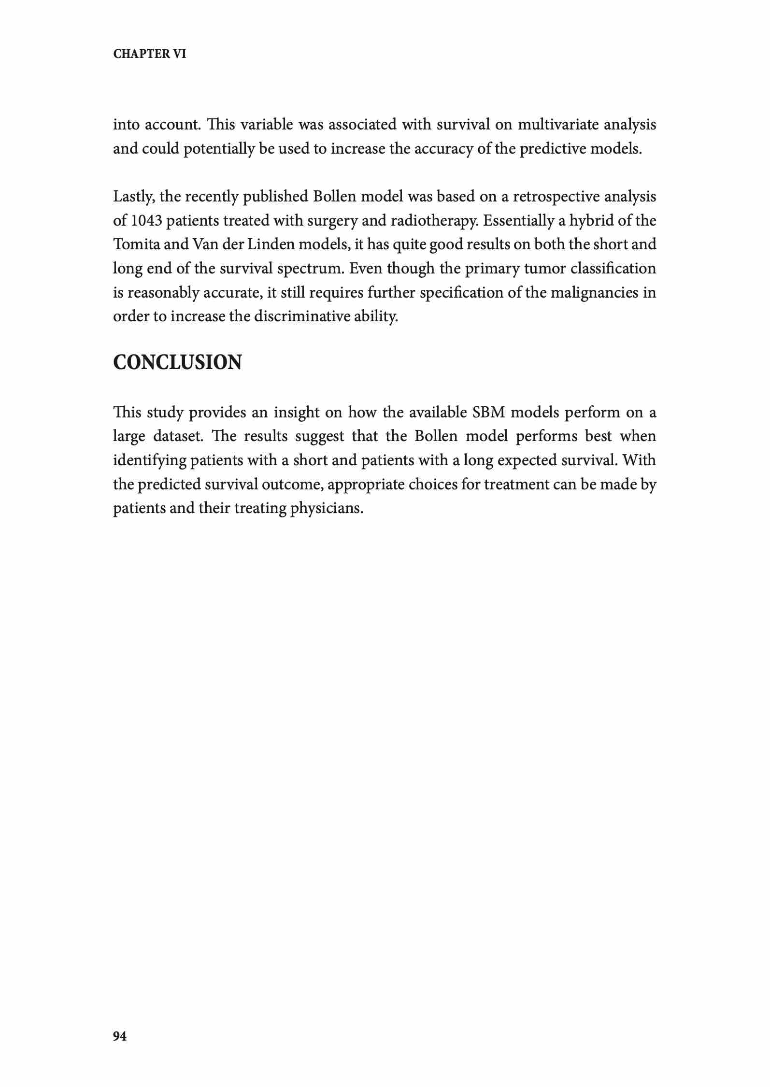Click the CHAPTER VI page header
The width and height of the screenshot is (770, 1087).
click(x=149, y=54)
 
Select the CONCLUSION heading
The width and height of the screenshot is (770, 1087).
click(x=177, y=362)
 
